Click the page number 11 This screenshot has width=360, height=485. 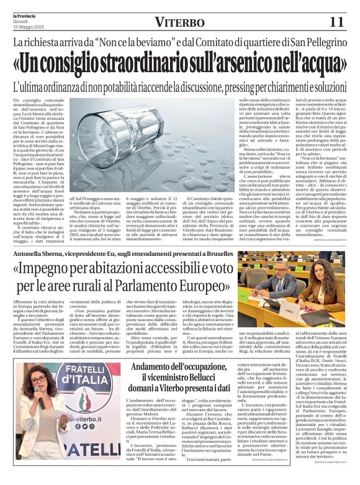[336, 22]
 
